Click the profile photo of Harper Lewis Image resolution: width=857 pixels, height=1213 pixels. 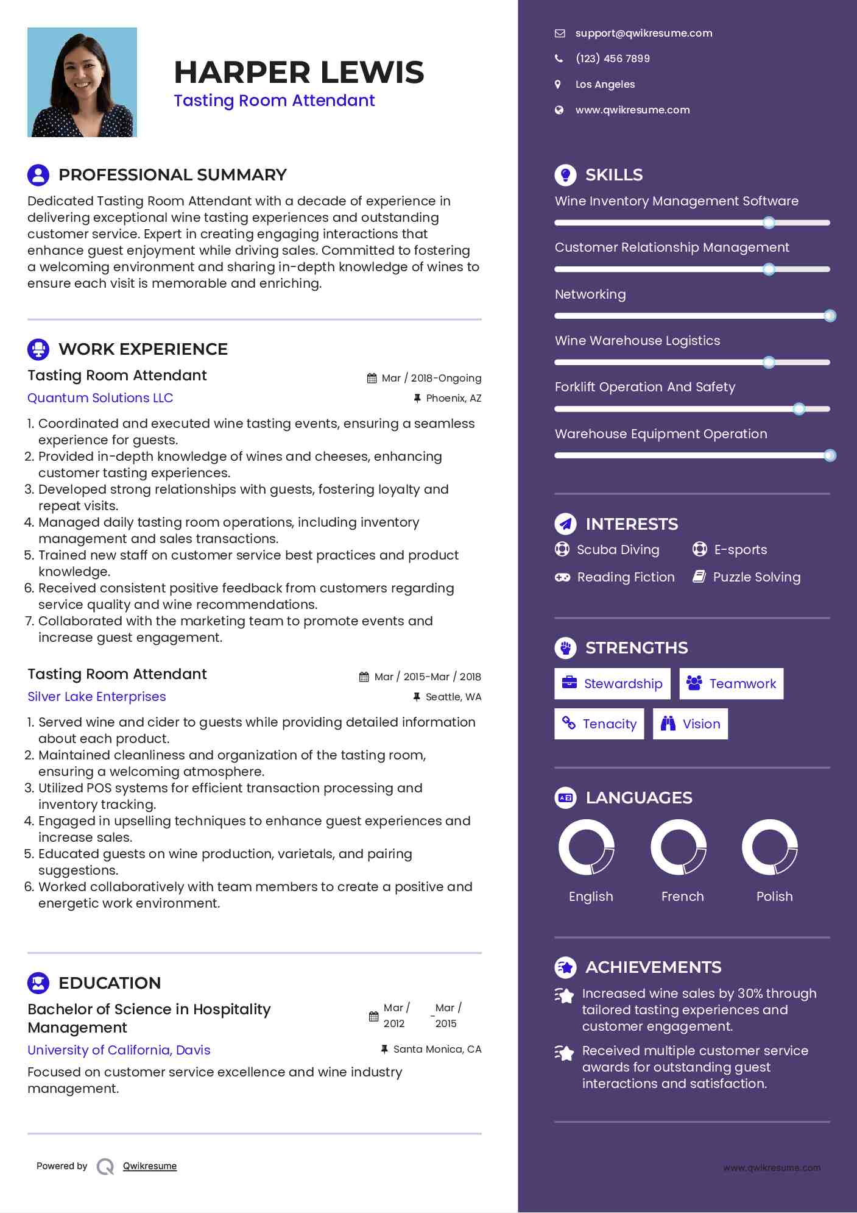coord(82,82)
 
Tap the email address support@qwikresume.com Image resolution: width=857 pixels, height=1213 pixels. coord(643,33)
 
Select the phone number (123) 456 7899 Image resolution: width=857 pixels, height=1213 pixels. coord(612,59)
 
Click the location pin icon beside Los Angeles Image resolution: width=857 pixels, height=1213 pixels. coord(558,84)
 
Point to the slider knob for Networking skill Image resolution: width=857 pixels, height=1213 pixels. coord(830,316)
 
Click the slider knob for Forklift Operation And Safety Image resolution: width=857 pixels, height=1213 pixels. coord(799,409)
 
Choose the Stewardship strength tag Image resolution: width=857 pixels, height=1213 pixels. coord(612,683)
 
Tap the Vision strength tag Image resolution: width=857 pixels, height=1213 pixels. coord(690,724)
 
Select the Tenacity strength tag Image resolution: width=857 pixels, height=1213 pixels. coord(599,724)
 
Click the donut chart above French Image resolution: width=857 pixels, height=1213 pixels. coord(679,847)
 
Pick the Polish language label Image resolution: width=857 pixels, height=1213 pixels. coord(774,896)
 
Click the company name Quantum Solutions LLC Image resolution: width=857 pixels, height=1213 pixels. coord(101,398)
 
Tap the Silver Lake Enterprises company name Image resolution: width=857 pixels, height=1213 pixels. coord(97,697)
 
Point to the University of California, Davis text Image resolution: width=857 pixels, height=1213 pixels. coord(119,1050)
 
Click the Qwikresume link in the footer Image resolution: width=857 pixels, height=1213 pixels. coord(150,1166)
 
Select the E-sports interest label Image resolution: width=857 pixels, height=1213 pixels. coord(740,550)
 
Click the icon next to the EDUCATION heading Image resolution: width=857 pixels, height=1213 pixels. coord(38,983)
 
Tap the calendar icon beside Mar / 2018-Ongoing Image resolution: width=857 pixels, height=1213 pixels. coord(372,379)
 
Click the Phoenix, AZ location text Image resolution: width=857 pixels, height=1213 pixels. coord(453,398)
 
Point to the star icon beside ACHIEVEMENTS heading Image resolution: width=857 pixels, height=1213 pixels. coord(566,967)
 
